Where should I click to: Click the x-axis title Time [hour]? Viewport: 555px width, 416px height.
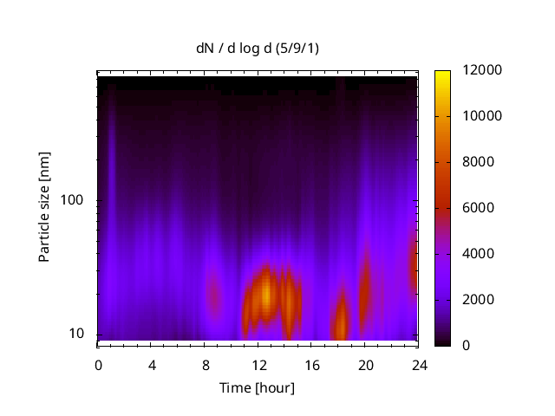click(257, 387)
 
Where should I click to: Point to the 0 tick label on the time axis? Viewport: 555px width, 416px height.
click(98, 364)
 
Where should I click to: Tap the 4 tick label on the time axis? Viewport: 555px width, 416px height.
click(152, 364)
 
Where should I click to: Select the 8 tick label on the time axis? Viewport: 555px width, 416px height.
click(206, 364)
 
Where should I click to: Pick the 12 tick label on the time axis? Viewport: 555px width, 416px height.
click(258, 364)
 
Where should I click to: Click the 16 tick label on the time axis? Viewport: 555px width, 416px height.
click(312, 364)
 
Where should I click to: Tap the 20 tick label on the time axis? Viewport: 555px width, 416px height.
click(365, 364)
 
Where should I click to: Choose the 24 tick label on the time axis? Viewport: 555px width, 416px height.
click(419, 364)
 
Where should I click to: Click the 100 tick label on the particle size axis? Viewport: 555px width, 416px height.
click(72, 200)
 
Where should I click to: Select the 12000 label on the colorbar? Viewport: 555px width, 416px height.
click(464, 70)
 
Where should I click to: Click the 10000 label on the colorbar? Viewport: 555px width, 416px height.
click(464, 116)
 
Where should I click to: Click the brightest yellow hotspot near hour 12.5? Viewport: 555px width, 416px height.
click(266, 293)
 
